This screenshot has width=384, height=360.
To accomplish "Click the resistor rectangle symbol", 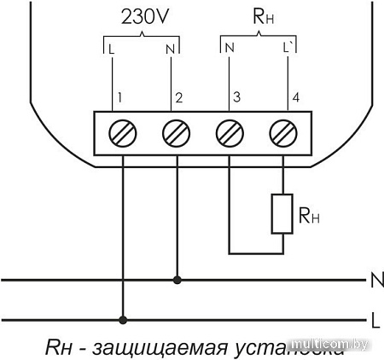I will coord(282,214).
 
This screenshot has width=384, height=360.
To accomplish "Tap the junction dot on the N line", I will coord(176,279).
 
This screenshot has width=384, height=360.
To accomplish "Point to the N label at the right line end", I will coord(375,279).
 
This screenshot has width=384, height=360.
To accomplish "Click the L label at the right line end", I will coord(375,320).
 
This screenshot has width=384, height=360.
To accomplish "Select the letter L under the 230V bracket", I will coord(112,49).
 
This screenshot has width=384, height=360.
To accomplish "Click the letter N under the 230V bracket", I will coord(172,49).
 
